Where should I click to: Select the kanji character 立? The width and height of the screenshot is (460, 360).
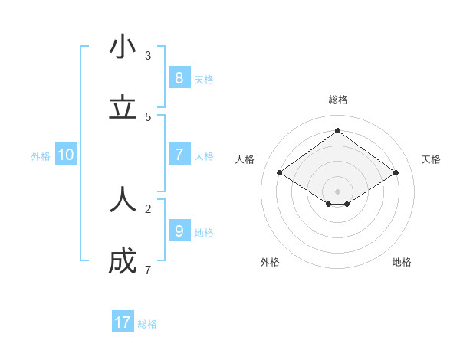pyautogui.click(x=123, y=108)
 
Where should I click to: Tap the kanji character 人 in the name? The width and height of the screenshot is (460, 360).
pyautogui.click(x=123, y=200)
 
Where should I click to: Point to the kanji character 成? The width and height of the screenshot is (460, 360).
pyautogui.click(x=123, y=261)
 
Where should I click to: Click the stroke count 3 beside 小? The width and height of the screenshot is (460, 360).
pyautogui.click(x=148, y=55)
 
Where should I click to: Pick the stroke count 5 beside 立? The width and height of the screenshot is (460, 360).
pyautogui.click(x=148, y=116)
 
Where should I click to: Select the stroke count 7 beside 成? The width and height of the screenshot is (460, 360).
pyautogui.click(x=148, y=270)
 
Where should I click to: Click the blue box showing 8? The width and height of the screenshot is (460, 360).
pyautogui.click(x=179, y=77)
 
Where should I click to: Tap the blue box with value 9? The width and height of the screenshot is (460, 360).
pyautogui.click(x=179, y=231)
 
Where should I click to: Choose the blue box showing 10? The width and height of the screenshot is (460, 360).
pyautogui.click(x=66, y=155)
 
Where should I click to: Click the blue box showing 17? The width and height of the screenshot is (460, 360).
pyautogui.click(x=123, y=322)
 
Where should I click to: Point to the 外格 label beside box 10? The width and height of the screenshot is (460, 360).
pyautogui.click(x=41, y=156)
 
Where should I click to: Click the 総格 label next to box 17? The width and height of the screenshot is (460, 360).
pyautogui.click(x=147, y=324)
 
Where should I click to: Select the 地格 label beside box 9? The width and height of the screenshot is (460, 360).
pyautogui.click(x=204, y=233)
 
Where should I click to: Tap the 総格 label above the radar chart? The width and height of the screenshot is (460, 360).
pyautogui.click(x=337, y=100)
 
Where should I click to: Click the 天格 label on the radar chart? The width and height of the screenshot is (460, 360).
pyautogui.click(x=431, y=159)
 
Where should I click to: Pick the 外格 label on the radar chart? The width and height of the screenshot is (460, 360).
pyautogui.click(x=270, y=262)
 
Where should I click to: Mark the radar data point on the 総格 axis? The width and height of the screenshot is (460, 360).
pyautogui.click(x=337, y=130)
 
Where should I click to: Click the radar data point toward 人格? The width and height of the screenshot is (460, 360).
pyautogui.click(x=280, y=173)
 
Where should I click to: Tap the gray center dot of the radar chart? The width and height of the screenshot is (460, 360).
pyautogui.click(x=337, y=191)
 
